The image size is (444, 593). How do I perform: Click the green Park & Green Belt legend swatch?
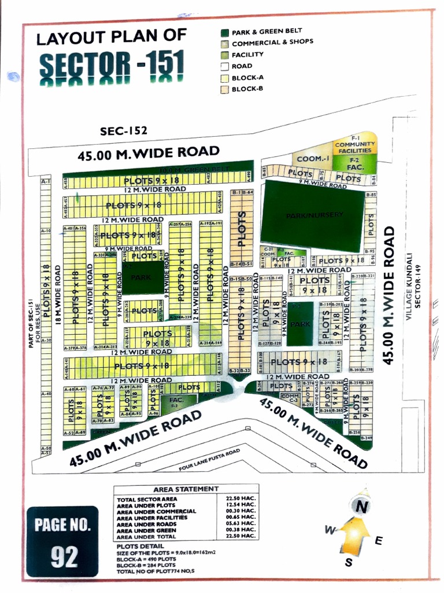(224, 32)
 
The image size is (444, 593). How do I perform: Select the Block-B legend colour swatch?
(224, 89)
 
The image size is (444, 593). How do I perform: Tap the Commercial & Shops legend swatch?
(224, 43)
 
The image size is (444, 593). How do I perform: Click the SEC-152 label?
(123, 131)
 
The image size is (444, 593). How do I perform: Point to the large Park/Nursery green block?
(313, 215)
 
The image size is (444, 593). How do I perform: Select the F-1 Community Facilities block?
(354, 144)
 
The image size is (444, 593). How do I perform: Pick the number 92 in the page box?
(64, 557)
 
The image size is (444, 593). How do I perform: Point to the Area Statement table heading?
(186, 489)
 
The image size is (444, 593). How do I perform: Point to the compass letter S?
(348, 562)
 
